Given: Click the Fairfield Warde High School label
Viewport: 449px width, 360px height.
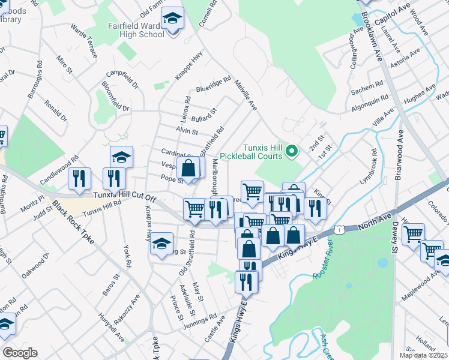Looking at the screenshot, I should tap(136, 30).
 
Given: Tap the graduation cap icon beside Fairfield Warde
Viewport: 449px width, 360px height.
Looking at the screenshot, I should tap(173, 20).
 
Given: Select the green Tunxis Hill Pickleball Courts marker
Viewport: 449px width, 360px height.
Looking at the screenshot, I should tap(292, 151).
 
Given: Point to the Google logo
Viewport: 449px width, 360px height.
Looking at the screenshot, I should tap(20, 353).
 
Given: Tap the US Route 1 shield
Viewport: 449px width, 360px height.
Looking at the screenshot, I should tap(340, 230).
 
